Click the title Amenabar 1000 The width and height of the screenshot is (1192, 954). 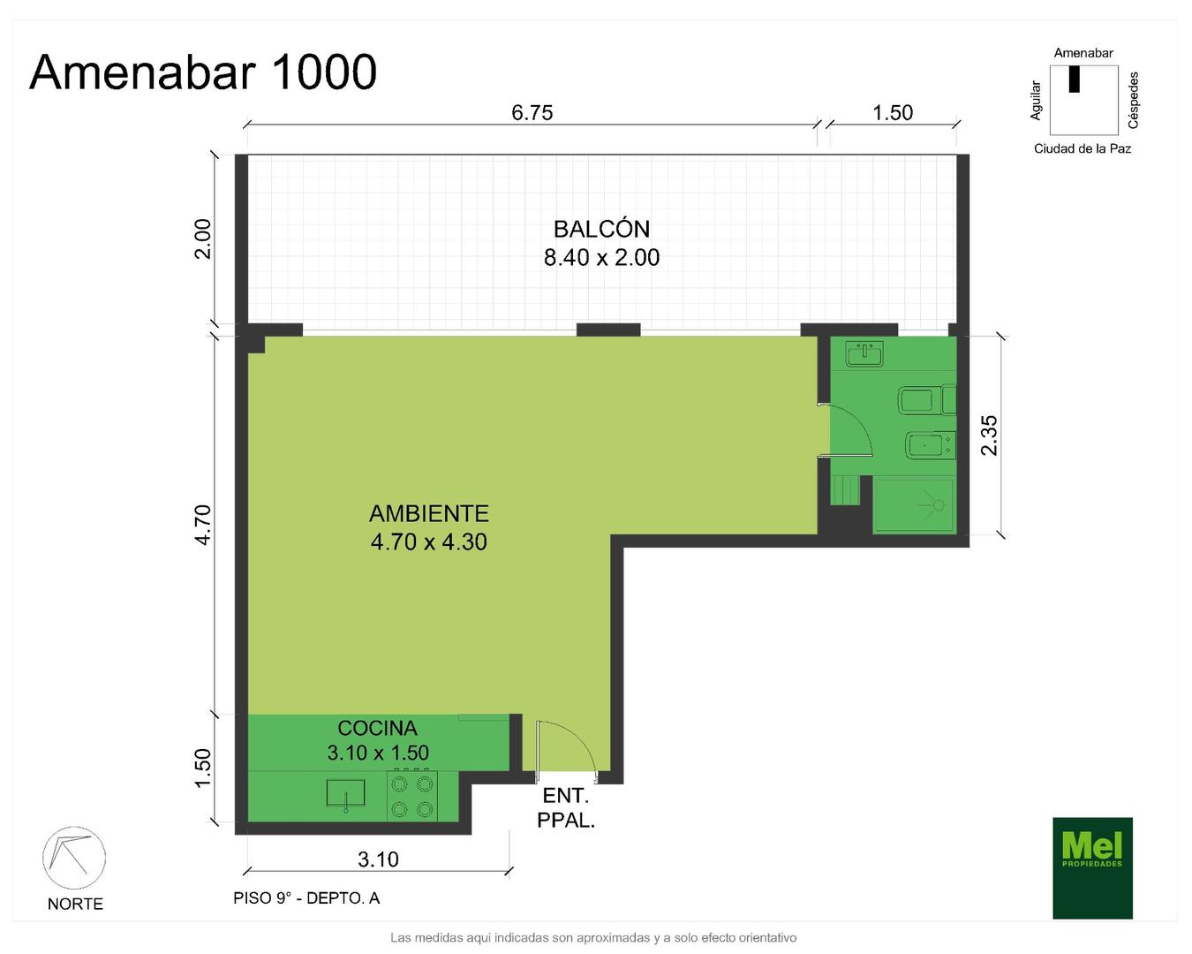[203, 72]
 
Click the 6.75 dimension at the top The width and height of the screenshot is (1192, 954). [532, 112]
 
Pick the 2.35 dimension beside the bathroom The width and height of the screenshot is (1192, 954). [989, 435]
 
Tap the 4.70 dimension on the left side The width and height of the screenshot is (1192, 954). [204, 525]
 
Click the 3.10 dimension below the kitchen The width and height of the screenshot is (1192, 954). [378, 859]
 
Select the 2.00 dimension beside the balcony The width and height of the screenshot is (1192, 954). [203, 238]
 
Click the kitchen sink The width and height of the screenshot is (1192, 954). [345, 794]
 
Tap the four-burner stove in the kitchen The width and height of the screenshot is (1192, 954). [412, 796]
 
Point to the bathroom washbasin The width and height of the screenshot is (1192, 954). [864, 353]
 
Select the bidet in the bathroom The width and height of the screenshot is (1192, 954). [932, 444]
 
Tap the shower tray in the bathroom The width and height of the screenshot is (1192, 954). [915, 504]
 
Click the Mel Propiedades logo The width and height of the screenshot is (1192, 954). [1092, 867]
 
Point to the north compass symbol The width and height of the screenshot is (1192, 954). [74, 858]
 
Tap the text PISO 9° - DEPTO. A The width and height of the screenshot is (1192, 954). [306, 898]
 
